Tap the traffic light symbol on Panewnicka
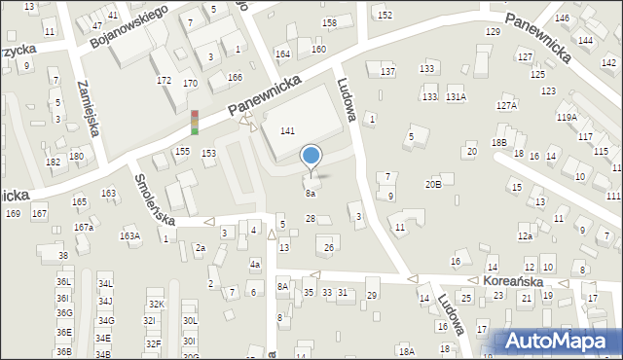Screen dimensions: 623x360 [x=195, y=123]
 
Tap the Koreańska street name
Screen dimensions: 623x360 [x=510, y=279]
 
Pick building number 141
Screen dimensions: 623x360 [x=287, y=130]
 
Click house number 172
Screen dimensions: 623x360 [x=164, y=80]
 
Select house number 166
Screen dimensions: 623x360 [x=234, y=77]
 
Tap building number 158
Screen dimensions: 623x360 [x=330, y=22]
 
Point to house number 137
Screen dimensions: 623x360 [x=387, y=72]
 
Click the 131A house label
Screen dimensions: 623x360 [x=456, y=97]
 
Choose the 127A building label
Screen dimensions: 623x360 [x=506, y=105]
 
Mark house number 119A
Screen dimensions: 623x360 [x=567, y=117]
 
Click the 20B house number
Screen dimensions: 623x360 [x=433, y=184]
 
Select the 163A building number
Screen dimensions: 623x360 [x=129, y=235]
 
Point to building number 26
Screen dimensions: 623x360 [x=329, y=248]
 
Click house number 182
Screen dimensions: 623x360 [x=53, y=162]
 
